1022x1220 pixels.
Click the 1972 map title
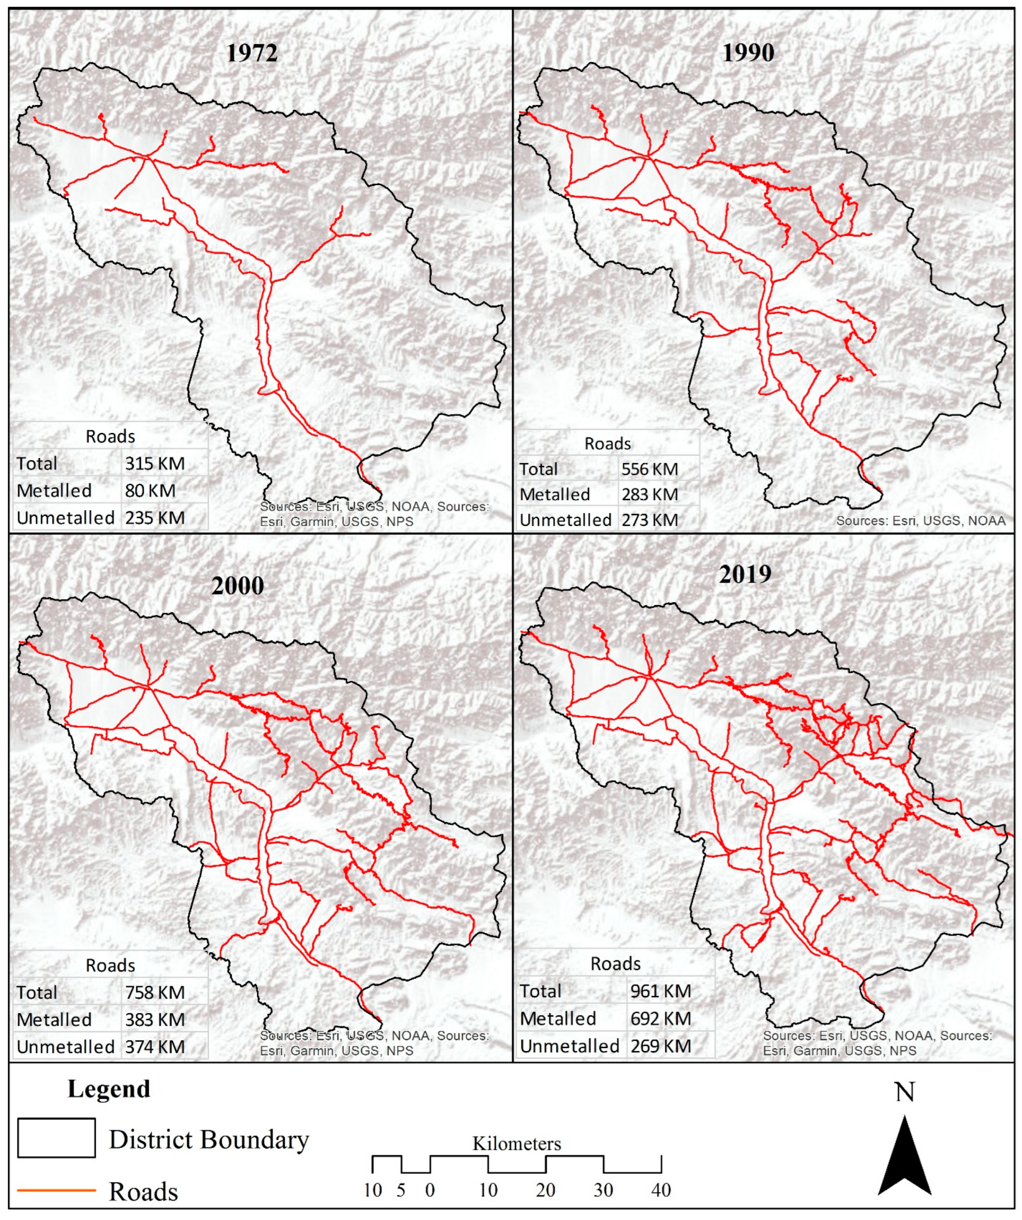point(252,53)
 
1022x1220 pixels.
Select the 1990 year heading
point(748,53)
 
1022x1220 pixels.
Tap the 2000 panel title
point(238,585)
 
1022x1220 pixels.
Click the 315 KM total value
point(154,464)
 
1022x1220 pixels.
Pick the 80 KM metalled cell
point(150,491)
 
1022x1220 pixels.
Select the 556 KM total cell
point(649,469)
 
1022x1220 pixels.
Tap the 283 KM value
point(649,494)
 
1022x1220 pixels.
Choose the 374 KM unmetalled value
point(154,1047)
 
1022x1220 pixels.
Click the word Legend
point(109,1089)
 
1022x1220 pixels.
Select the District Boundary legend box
point(56,1138)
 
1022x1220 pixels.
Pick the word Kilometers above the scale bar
point(516,1143)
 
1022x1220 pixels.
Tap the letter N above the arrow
point(905,1092)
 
